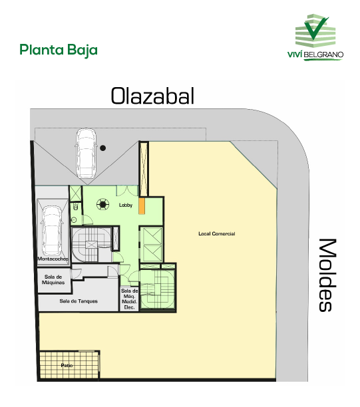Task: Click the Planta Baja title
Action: point(59,51)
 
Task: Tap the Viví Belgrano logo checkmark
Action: point(315,29)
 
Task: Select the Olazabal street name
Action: point(153,96)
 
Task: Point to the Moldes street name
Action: point(327,275)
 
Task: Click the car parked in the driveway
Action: point(86,153)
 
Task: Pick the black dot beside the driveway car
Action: point(103,148)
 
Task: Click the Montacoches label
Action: point(53,259)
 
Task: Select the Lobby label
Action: point(126,205)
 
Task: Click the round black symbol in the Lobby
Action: point(103,204)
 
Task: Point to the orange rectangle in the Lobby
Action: point(142,206)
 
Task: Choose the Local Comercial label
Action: point(217,233)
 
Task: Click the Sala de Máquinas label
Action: point(53,279)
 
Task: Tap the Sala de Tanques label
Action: point(79,301)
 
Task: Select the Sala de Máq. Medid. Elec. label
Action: point(129,299)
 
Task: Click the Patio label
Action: point(67,365)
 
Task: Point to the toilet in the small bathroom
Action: point(76,207)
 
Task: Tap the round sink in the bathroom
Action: point(74,220)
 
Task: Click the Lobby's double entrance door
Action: point(126,191)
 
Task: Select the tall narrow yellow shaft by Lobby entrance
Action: point(144,169)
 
